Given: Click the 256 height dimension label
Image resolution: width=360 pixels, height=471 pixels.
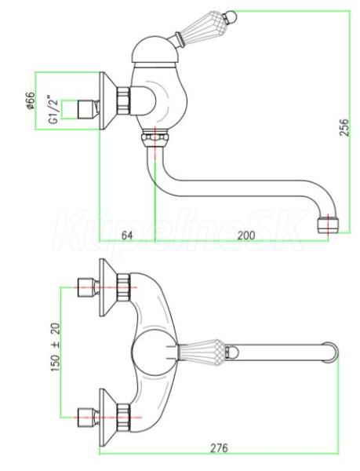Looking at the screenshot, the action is [x=344, y=127].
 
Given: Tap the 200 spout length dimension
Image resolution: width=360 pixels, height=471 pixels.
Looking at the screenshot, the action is [x=246, y=235].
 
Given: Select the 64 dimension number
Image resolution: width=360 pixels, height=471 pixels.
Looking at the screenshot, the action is [x=127, y=235].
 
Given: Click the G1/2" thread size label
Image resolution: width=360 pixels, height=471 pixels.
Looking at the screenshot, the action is [x=53, y=110].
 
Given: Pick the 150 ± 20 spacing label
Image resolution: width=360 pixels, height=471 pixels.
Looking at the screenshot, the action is [x=56, y=347].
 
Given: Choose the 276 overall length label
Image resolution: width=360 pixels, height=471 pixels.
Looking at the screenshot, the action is [x=219, y=448].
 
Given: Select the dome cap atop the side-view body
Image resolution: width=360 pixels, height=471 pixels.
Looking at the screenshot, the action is [x=156, y=51].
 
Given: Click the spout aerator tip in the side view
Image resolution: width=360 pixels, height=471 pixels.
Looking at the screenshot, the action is [x=329, y=224].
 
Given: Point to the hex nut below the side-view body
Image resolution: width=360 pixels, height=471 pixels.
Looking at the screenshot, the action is [x=155, y=137].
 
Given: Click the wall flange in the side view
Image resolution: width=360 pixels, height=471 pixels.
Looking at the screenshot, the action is [x=108, y=101].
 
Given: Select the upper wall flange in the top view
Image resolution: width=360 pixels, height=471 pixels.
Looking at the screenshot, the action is [x=108, y=287].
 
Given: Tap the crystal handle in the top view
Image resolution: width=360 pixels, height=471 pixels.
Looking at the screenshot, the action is [x=202, y=351].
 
